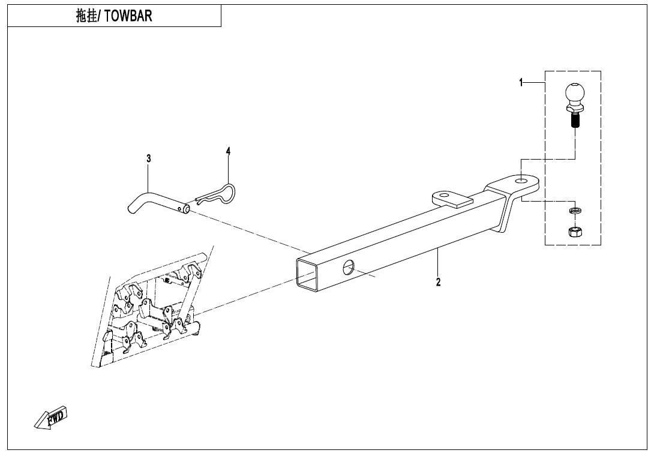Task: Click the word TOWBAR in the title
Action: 128,16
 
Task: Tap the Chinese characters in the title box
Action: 86,16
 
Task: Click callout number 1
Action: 521,83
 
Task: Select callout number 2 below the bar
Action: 438,282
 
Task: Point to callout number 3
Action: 149,158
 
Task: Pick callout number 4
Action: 228,151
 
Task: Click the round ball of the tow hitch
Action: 575,93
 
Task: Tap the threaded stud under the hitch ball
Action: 575,121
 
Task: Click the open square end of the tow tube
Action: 307,274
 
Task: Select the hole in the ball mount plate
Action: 521,181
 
